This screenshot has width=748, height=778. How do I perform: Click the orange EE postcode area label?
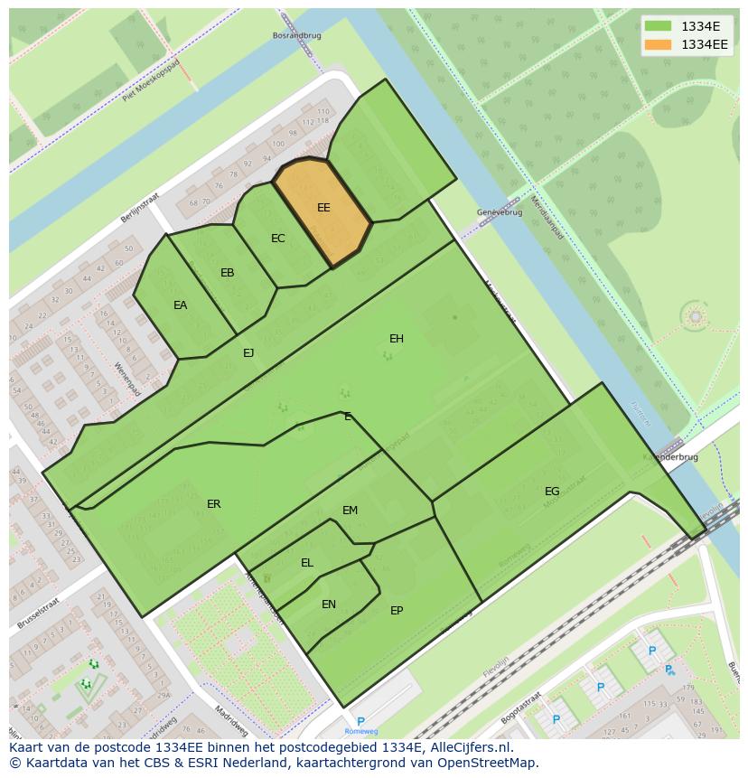[x=323, y=208]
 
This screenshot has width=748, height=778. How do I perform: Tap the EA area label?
[x=181, y=305]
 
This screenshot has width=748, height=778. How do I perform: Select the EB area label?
[x=228, y=273]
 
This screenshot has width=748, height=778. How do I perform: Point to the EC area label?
[x=278, y=239]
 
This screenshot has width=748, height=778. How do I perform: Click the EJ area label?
[x=248, y=353]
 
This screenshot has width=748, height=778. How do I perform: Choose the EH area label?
[x=397, y=339]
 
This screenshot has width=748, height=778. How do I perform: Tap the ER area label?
[x=214, y=504]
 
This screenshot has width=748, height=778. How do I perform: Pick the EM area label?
[x=351, y=511]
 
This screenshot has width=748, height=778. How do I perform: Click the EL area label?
[x=307, y=563]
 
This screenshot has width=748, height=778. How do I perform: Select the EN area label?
[x=329, y=605]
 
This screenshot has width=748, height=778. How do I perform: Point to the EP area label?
[x=397, y=611]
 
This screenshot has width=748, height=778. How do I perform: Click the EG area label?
[x=552, y=492]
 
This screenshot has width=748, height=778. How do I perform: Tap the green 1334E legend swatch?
[x=659, y=25]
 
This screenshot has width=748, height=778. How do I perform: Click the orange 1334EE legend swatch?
[x=659, y=43]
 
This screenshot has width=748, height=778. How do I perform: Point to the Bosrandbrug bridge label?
[x=297, y=35]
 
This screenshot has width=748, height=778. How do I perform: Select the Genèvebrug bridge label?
[x=500, y=212]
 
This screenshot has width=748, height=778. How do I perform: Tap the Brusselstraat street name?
[x=38, y=612]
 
